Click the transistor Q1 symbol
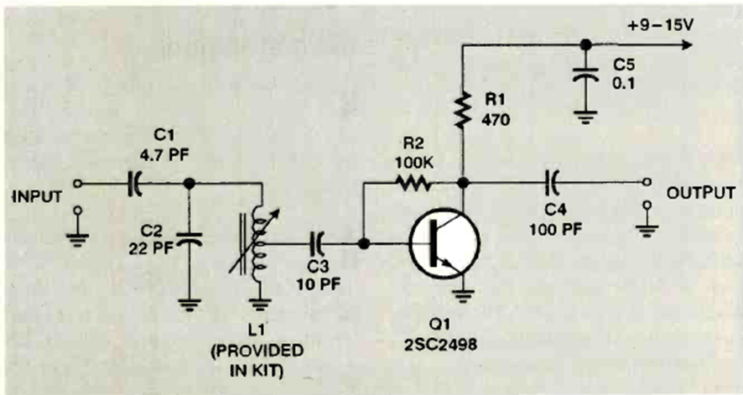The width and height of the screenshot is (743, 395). pos(444,244)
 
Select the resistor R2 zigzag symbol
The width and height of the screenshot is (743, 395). pos(413,182)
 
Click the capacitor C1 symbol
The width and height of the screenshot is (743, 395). pos(133,182)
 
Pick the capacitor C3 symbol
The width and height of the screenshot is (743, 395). pos(318,244)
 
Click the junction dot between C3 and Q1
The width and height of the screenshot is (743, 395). pos(364,244)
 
